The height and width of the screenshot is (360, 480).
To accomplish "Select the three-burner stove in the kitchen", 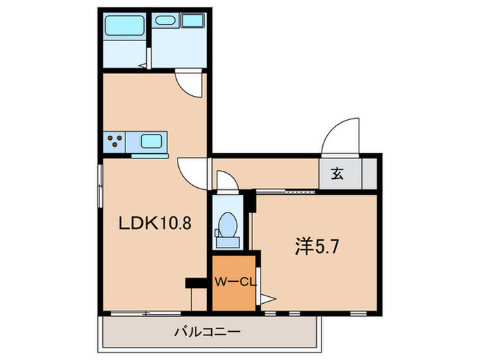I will [x=115, y=142].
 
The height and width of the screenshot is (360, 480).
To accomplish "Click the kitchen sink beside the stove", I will [x=152, y=142].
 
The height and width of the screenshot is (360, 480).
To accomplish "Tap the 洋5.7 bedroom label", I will [x=317, y=245].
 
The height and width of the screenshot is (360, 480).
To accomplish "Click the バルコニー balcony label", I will [x=206, y=332].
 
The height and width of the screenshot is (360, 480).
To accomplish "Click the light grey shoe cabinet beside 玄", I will [x=370, y=173].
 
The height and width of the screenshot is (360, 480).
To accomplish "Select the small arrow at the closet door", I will [x=267, y=298].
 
